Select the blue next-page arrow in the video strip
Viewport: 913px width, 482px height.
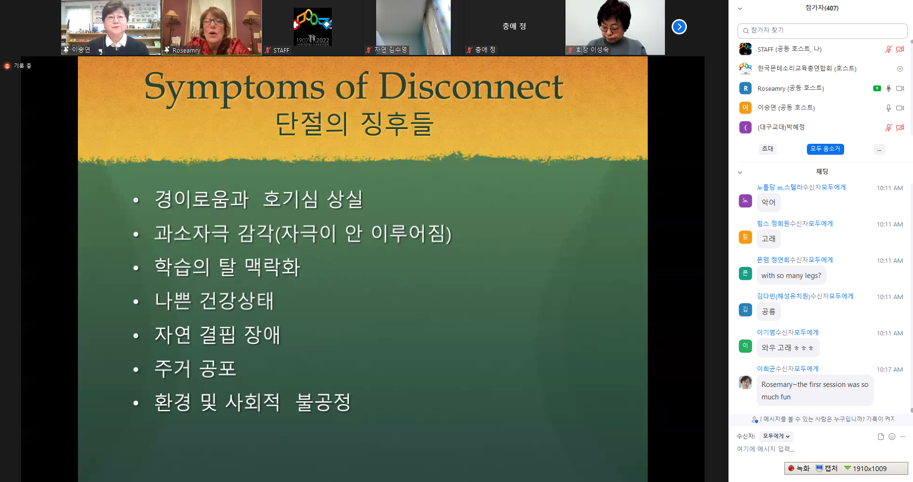click(x=679, y=27)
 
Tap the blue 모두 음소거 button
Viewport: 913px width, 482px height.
click(x=825, y=149)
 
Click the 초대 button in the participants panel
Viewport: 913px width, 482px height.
click(x=768, y=149)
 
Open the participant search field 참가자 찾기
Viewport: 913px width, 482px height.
click(x=822, y=31)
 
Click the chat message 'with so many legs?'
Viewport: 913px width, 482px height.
click(x=791, y=276)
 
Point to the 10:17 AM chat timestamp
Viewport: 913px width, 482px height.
click(x=890, y=369)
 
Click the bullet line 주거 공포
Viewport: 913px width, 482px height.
click(x=195, y=369)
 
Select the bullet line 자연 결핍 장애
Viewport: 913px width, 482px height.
click(x=217, y=335)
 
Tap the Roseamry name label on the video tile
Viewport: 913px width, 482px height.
click(x=186, y=50)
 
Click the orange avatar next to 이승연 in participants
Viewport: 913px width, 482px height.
click(x=745, y=107)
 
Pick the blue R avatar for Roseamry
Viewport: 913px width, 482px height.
click(x=745, y=88)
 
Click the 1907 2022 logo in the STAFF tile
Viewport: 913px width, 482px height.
click(x=313, y=27)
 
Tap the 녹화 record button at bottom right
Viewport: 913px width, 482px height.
click(x=799, y=468)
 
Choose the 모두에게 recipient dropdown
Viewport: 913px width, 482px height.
click(x=776, y=436)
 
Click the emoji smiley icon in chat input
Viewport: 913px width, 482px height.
click(x=891, y=437)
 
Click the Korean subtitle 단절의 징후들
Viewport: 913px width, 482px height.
click(x=355, y=124)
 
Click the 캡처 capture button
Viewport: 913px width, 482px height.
click(x=826, y=468)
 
